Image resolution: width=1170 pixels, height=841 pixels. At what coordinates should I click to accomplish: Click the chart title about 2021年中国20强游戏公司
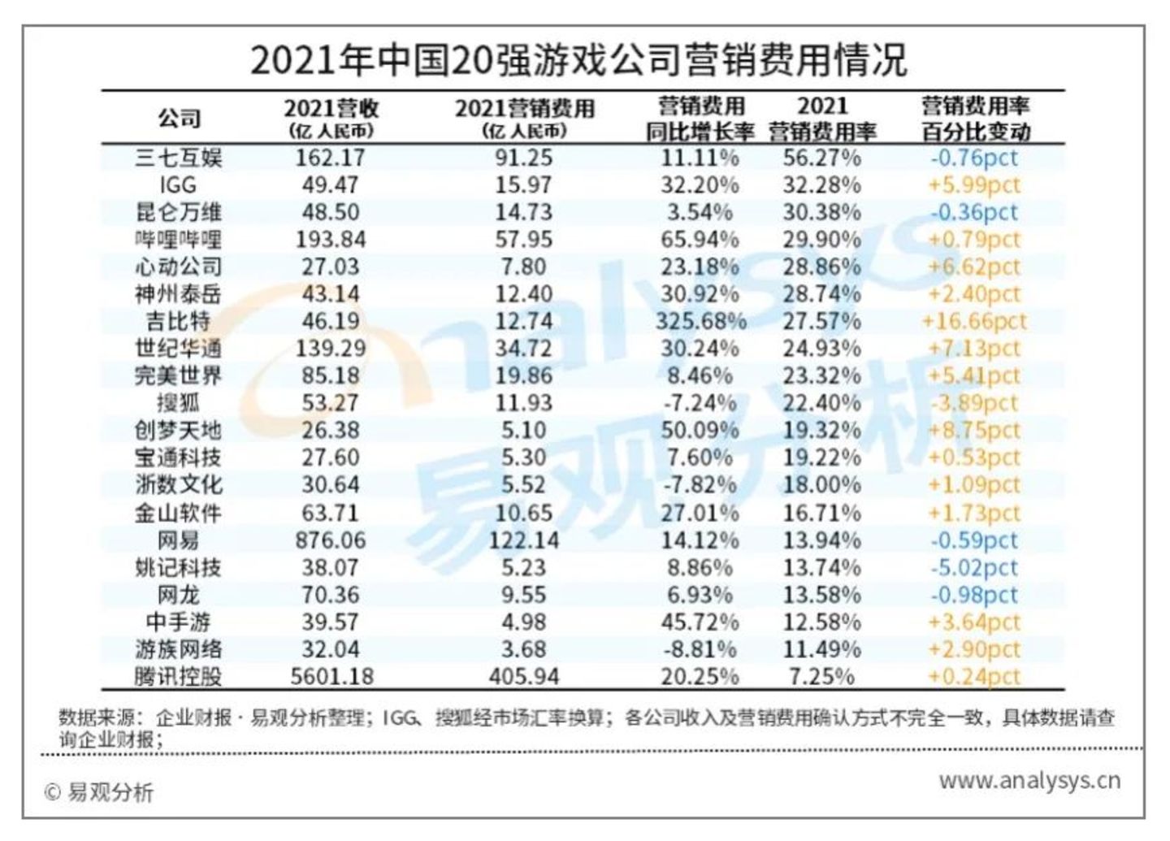[x=578, y=60]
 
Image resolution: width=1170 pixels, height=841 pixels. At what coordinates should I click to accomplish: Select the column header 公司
[x=179, y=119]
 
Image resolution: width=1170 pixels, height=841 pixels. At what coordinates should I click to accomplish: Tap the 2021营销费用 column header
[x=524, y=109]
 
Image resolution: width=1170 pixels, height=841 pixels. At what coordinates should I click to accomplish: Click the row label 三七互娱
[x=178, y=158]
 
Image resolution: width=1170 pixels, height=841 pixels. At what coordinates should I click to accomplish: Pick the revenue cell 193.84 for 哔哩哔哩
[x=330, y=240]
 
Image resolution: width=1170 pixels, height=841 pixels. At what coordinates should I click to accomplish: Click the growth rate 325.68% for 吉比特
[x=700, y=322]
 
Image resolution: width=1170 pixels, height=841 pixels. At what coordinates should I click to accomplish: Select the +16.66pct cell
[x=973, y=322]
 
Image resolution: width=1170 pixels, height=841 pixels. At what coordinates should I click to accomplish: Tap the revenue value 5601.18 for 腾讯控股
[x=330, y=677]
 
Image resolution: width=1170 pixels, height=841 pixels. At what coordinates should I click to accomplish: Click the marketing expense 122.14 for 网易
[x=524, y=540]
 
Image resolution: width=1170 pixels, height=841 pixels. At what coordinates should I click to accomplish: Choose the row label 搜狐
[x=178, y=404]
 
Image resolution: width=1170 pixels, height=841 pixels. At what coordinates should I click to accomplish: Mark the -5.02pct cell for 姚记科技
[x=973, y=568]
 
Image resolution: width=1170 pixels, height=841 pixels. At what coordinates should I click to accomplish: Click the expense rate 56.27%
[x=821, y=158]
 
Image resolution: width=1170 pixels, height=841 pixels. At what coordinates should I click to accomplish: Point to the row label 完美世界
[x=178, y=376]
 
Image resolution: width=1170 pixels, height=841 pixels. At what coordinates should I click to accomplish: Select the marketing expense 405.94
[x=524, y=677]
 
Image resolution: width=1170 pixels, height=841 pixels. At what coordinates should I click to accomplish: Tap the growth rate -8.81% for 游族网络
[x=700, y=650]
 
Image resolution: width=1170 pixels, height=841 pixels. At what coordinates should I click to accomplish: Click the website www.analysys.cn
[x=1029, y=782]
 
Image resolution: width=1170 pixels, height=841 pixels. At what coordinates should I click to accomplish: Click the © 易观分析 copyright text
[x=98, y=792]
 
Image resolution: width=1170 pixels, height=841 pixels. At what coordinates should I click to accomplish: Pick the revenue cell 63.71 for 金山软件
[x=330, y=514]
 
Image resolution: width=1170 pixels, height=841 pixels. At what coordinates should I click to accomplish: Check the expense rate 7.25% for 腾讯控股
[x=821, y=677]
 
